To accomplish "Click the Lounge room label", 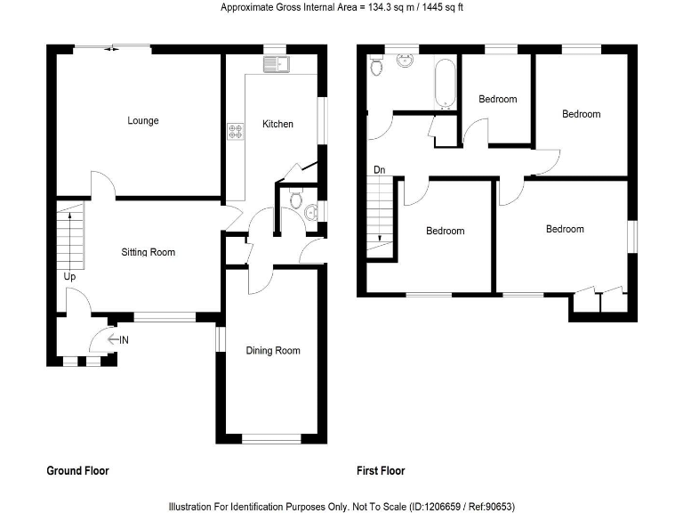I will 142,120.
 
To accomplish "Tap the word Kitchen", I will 277,124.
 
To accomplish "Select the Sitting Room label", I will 149,252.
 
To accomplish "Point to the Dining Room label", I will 273,350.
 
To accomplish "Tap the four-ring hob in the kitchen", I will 237,132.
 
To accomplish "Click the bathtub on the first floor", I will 444,83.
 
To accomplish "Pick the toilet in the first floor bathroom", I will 376,67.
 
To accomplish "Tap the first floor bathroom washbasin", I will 406,61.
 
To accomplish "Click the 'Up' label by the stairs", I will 68,277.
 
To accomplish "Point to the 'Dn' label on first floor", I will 380,169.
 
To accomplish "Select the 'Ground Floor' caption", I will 77,470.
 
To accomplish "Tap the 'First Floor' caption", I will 380,470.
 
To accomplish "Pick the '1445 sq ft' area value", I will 439,8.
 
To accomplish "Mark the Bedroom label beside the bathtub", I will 497,99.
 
